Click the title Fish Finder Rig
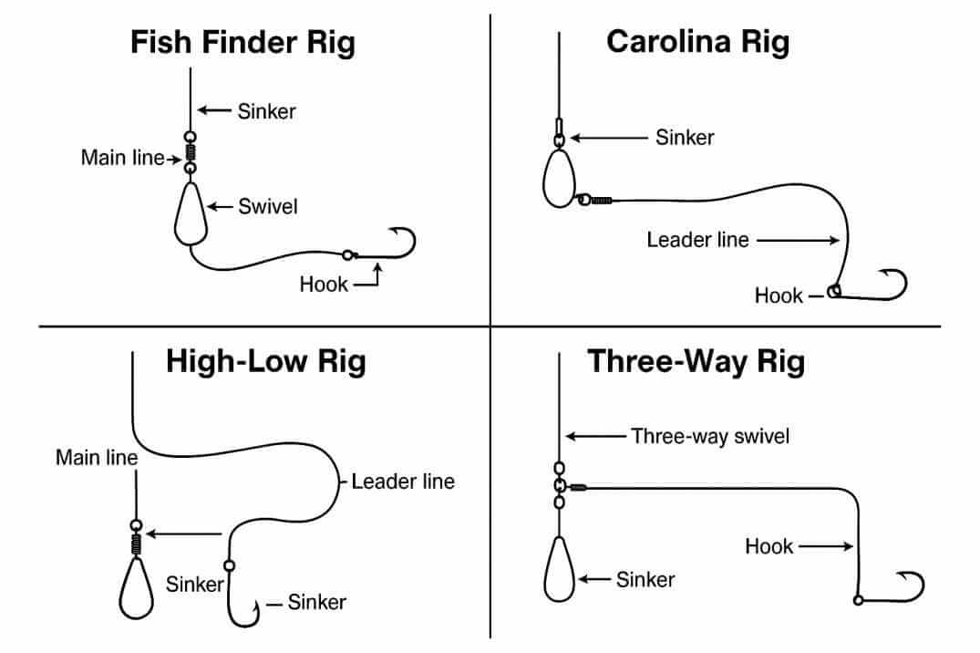pos(242,43)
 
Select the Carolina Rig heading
pos(697,42)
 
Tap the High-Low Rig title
pos(265,361)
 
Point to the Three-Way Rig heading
pos(696,361)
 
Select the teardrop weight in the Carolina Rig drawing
pos(557,179)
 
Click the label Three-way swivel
pos(710,436)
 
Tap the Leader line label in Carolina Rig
pos(697,240)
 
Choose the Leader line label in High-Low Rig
pos(403,481)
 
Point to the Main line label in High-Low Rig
pos(97,457)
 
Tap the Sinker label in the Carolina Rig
pos(685,138)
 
